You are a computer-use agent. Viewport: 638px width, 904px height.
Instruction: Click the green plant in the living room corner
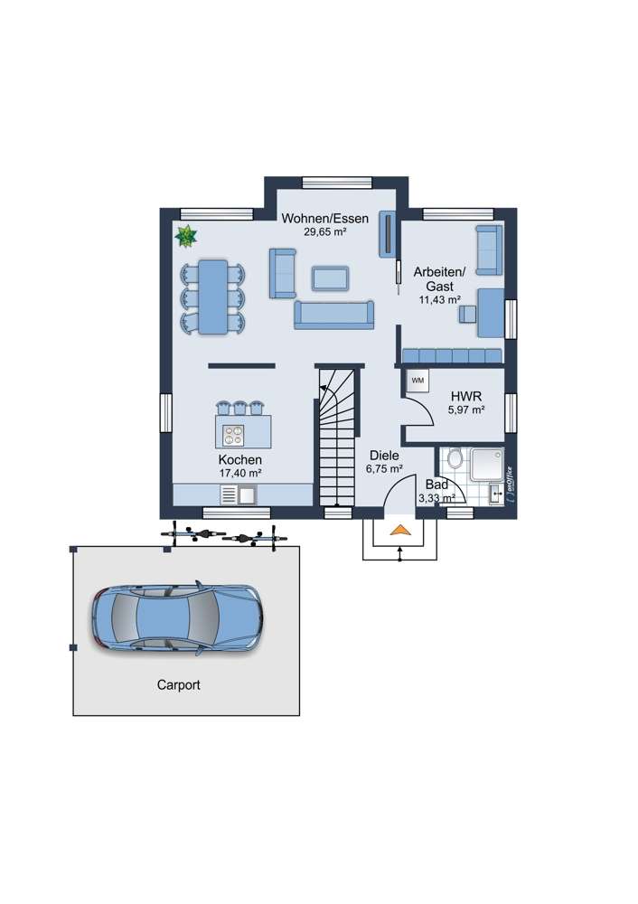pos(185,237)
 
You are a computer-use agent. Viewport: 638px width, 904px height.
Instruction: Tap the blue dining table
pos(213,297)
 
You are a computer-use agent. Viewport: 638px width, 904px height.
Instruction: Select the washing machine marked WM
pos(418,381)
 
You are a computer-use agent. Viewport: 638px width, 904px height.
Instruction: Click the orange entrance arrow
pos(399,532)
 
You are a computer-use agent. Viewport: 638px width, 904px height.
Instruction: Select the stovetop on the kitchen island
pos(234,434)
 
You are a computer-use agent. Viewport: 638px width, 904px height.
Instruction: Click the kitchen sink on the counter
pos(246,494)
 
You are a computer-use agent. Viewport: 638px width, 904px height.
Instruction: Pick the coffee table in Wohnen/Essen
pos(331,278)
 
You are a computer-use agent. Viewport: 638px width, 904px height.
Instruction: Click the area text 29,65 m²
pos(324,231)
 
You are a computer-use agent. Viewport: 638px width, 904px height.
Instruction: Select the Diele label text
pos(383,457)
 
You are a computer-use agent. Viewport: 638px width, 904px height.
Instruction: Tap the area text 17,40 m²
pos(239,472)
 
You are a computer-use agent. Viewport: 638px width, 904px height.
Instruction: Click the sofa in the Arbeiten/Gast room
pos(487,250)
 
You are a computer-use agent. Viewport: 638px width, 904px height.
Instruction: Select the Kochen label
pos(239,459)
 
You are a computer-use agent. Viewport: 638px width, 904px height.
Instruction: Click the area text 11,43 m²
pos(439,299)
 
